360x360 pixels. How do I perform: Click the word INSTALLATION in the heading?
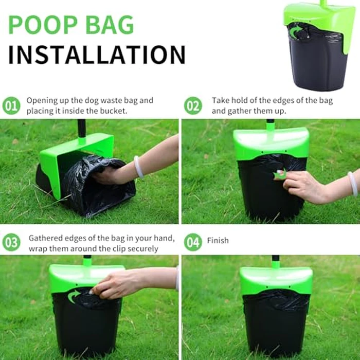[96, 55]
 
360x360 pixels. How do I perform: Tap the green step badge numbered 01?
[11, 106]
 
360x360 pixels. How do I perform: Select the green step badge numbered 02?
[193, 106]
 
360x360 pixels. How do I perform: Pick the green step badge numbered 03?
[11, 242]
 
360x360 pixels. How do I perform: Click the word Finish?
[218, 240]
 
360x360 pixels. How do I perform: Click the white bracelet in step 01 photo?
[138, 167]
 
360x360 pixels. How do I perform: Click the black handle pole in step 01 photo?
[81, 129]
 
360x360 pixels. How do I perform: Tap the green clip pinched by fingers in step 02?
[280, 175]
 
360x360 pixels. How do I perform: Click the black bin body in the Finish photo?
[276, 324]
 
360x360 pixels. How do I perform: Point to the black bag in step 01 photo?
[98, 188]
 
